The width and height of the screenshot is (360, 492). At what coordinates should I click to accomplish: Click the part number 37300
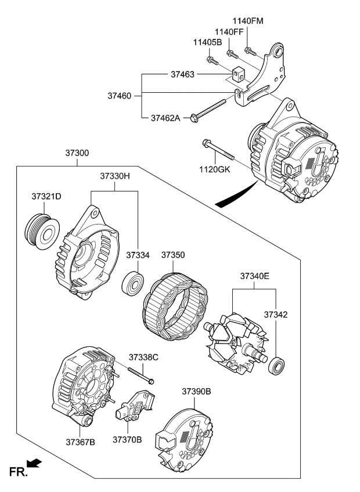click(x=77, y=154)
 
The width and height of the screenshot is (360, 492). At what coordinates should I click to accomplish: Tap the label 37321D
click(x=46, y=197)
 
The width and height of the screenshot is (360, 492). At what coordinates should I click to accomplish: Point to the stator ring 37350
click(x=174, y=303)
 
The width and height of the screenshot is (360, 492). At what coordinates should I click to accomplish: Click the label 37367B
click(x=80, y=443)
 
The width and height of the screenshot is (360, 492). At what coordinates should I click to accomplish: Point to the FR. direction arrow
click(x=34, y=462)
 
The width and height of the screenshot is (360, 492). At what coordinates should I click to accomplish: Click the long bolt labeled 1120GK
click(x=218, y=150)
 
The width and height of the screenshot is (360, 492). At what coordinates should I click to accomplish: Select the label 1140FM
click(x=248, y=21)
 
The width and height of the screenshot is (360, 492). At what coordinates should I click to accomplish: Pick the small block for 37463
click(x=239, y=75)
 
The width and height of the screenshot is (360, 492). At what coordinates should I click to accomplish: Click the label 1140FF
click(x=229, y=32)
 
